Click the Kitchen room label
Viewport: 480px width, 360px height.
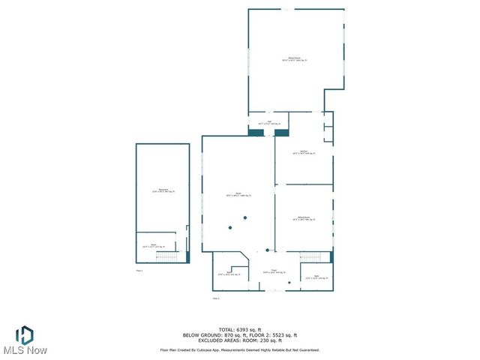(304, 152)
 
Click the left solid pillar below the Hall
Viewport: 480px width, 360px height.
(256, 133)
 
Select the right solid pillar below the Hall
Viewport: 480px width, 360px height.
(282, 133)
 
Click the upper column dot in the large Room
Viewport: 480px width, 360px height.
(244, 218)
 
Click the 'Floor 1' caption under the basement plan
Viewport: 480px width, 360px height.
(139, 270)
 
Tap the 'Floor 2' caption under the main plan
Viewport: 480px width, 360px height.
(216, 298)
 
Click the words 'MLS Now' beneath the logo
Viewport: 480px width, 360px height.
(25, 350)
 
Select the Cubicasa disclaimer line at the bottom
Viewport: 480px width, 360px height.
(239, 349)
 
